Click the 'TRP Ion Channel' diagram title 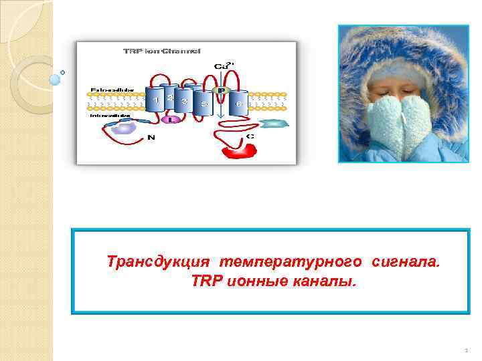click(x=163, y=51)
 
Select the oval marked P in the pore click(x=220, y=90)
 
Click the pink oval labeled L click(x=171, y=119)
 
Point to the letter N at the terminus click(x=152, y=138)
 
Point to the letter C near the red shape click(x=250, y=136)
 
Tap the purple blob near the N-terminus click(x=123, y=127)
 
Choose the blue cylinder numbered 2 click(x=169, y=98)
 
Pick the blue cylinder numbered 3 click(x=183, y=102)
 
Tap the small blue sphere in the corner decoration click(x=55, y=80)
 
